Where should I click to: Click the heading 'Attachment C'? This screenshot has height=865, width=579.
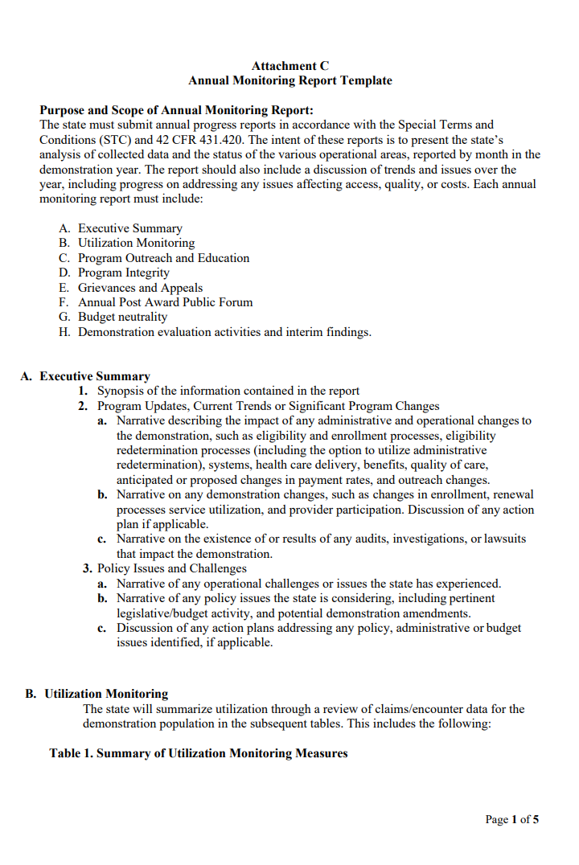tap(289, 66)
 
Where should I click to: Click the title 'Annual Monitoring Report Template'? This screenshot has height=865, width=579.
tap(289, 80)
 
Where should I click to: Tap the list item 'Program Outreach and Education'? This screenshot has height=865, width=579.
tap(163, 258)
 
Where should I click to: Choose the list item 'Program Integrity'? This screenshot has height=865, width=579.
tap(123, 273)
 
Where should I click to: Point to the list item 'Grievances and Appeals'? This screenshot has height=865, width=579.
tap(140, 288)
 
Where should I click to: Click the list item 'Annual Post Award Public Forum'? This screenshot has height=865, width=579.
tap(165, 302)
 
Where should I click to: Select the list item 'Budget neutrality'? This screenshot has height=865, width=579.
tap(122, 317)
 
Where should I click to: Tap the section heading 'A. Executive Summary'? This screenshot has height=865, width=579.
tap(85, 376)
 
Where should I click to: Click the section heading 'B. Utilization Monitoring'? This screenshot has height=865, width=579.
tap(96, 694)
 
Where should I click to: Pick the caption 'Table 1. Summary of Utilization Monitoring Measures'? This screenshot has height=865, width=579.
tap(199, 753)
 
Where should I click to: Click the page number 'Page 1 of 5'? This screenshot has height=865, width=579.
tap(511, 820)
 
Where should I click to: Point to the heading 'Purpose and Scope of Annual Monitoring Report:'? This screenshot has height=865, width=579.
tap(177, 110)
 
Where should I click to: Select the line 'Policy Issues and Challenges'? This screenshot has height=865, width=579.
tap(171, 568)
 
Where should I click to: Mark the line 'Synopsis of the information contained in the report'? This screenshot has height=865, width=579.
tap(228, 392)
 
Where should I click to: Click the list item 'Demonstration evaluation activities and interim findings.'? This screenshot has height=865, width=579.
tap(224, 332)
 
